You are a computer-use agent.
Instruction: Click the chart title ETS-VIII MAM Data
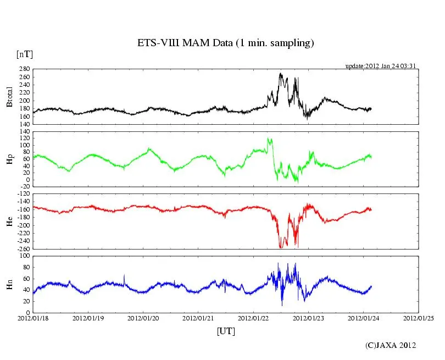[x=225, y=43]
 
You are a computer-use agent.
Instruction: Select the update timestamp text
[x=381, y=66]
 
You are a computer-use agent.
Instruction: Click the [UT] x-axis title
[x=226, y=331]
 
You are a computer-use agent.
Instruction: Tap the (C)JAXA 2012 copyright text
[x=391, y=345]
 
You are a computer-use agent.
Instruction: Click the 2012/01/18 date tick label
[x=33, y=318]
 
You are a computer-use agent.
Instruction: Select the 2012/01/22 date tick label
[x=253, y=318]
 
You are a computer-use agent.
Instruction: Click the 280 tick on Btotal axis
[x=25, y=70]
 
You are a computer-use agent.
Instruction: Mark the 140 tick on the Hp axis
[x=25, y=132]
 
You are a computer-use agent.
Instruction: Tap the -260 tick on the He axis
[x=23, y=249]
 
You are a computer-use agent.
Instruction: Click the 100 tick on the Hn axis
[x=25, y=256]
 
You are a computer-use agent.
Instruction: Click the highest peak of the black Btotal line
[x=280, y=73]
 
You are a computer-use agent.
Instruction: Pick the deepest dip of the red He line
[x=281, y=248]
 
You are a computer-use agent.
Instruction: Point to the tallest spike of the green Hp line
[x=268, y=138]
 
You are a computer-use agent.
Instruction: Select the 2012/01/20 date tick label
[x=143, y=318]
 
